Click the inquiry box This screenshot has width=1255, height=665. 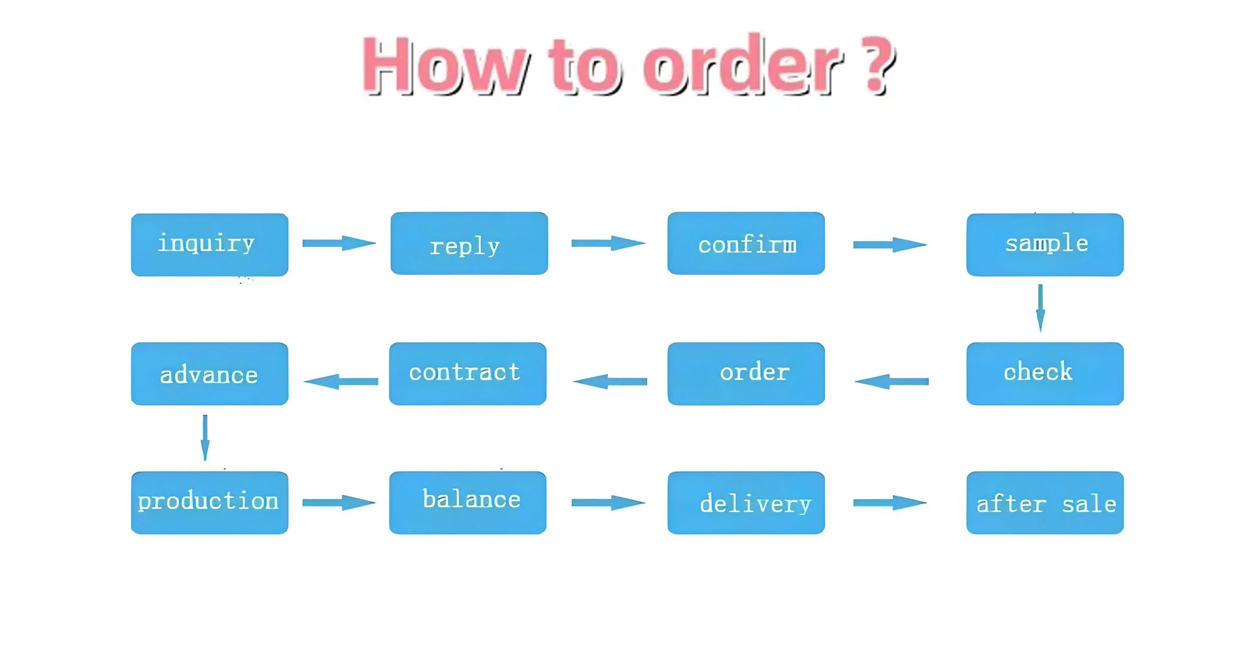pos(209,244)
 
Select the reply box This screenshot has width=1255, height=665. pos(469,243)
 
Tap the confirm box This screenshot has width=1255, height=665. pos(746,243)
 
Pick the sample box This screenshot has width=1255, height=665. pos(1045,244)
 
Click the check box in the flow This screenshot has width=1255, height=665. pos(1045,374)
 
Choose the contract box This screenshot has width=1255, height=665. pos(467,374)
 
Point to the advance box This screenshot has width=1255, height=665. pos(209,374)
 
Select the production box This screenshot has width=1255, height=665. pos(209,502)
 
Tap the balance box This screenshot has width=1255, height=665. pos(467,502)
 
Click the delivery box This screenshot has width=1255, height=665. pos(746,502)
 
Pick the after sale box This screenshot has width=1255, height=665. pos(1045,502)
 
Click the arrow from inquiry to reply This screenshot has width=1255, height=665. pos(339,243)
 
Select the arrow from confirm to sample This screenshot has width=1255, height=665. pos(890,244)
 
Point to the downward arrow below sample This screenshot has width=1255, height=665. pos(1041,308)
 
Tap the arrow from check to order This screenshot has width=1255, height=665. pos(892,381)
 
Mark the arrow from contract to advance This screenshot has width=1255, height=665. pos(341,381)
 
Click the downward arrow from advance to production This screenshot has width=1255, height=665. pos(205,438)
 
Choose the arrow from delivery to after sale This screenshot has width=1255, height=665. pos(890,502)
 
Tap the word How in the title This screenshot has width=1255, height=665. pos(445,65)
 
